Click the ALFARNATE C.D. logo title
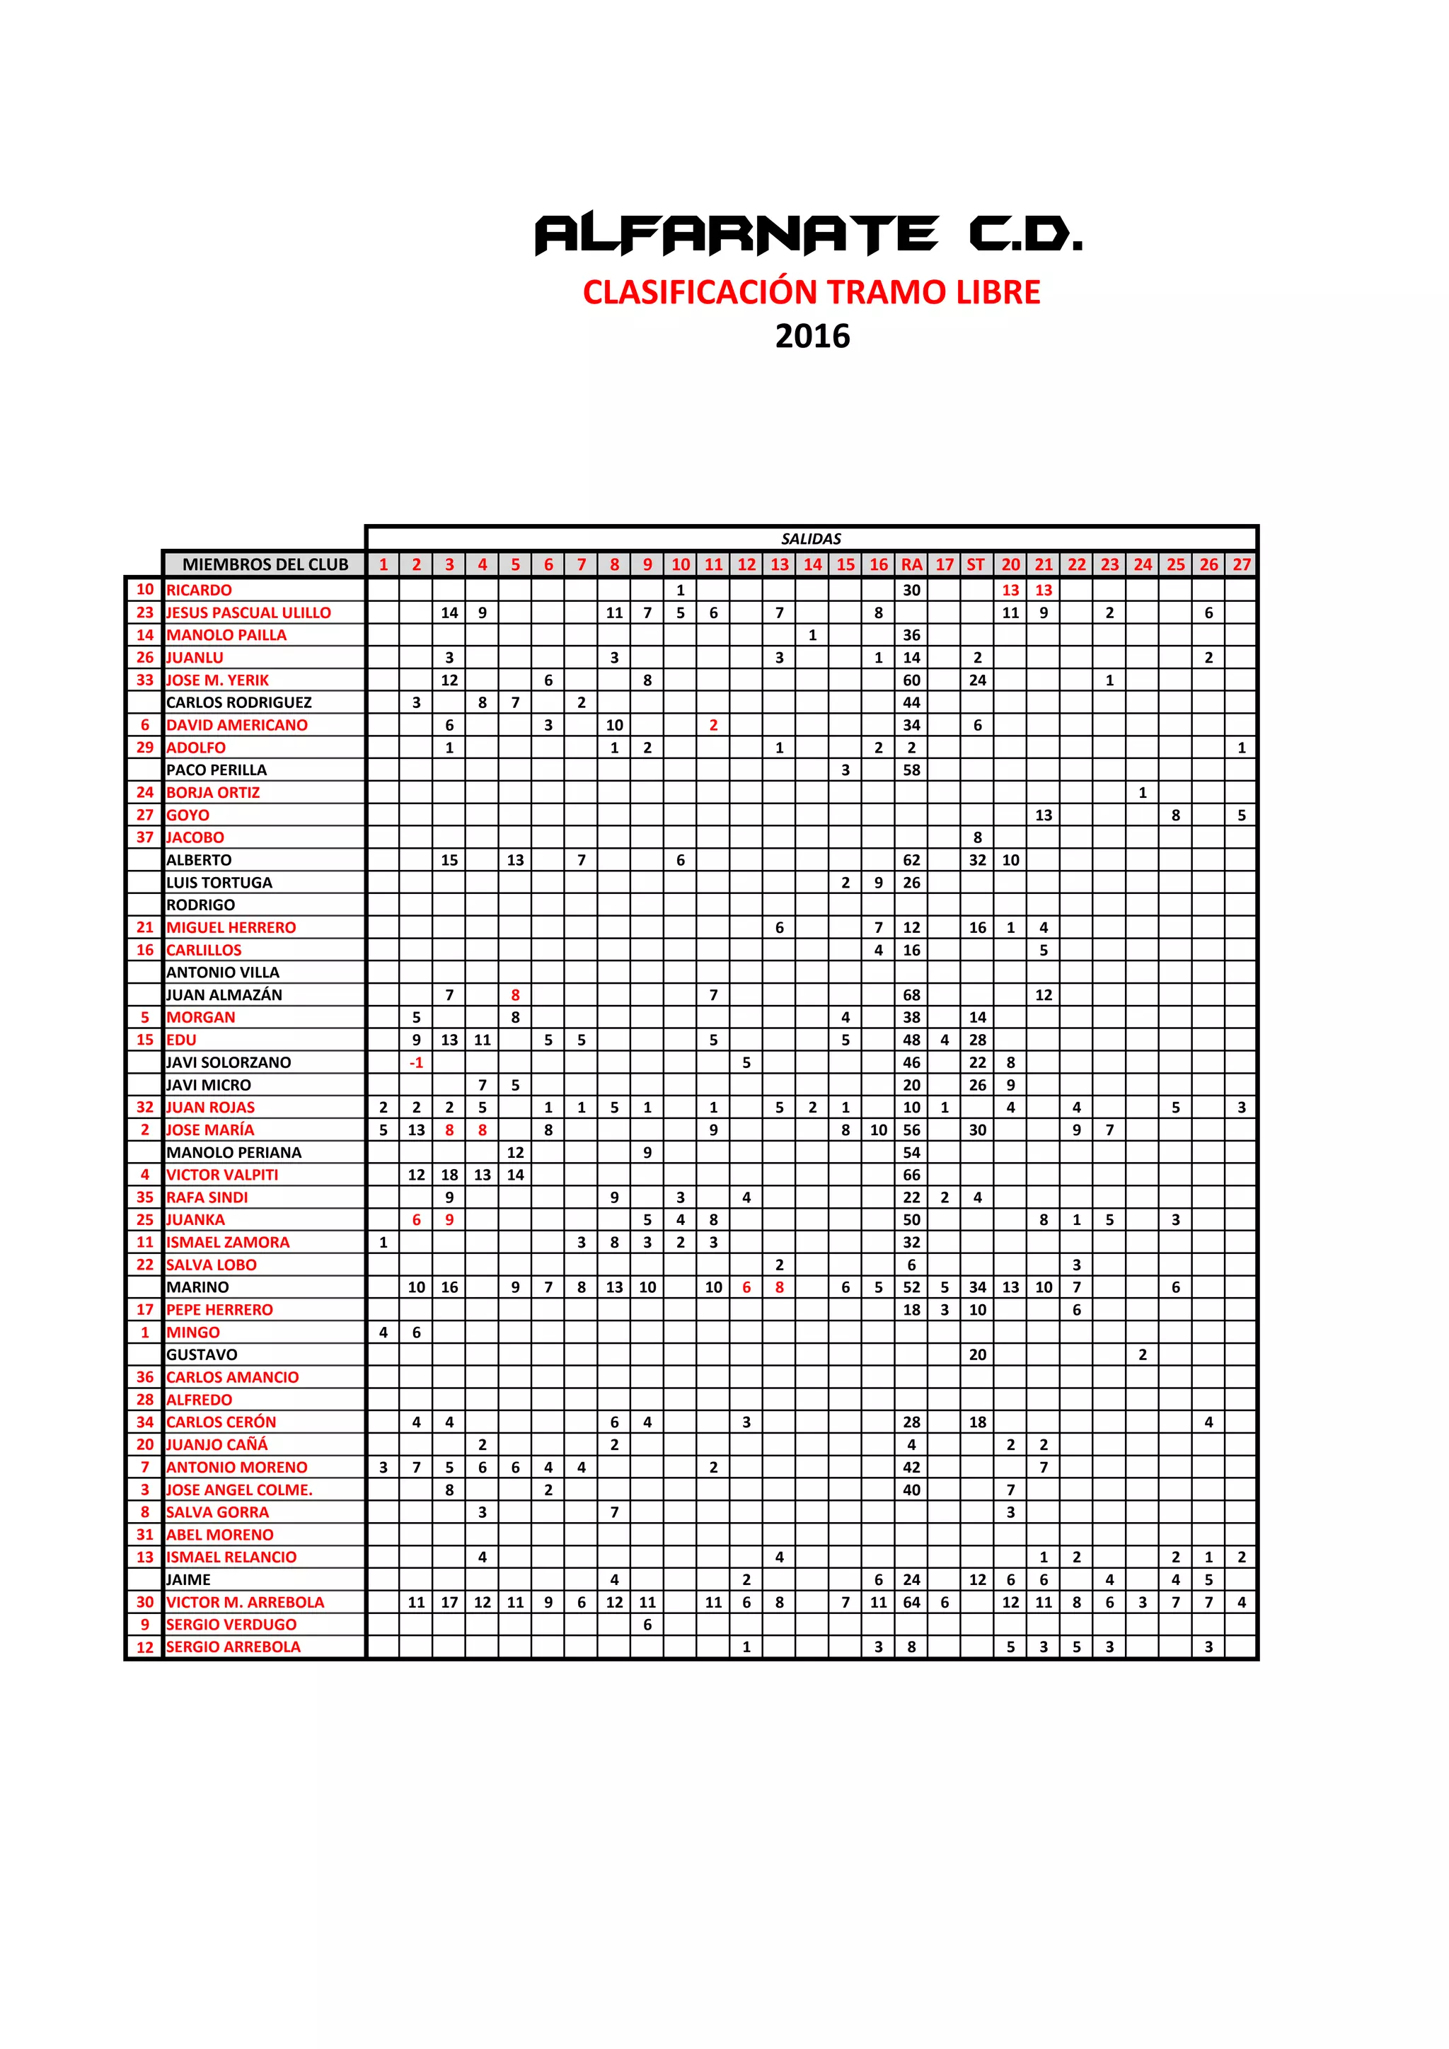tap(808, 234)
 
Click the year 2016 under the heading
tap(812, 337)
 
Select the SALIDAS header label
tap(811, 538)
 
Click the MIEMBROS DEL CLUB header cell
tap(265, 564)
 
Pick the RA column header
tap(911, 564)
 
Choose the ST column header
tap(976, 564)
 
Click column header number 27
tap(1241, 564)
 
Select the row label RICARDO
tap(199, 590)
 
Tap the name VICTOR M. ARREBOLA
tap(246, 1602)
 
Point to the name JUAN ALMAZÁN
tap(224, 994)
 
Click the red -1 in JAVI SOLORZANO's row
tap(416, 1062)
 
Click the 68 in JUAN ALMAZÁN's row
tap(911, 994)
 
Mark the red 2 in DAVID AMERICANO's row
tap(713, 725)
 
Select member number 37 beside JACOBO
tap(144, 837)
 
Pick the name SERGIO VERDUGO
tap(231, 1624)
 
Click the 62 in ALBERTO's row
tap(911, 859)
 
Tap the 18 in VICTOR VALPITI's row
tap(449, 1174)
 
